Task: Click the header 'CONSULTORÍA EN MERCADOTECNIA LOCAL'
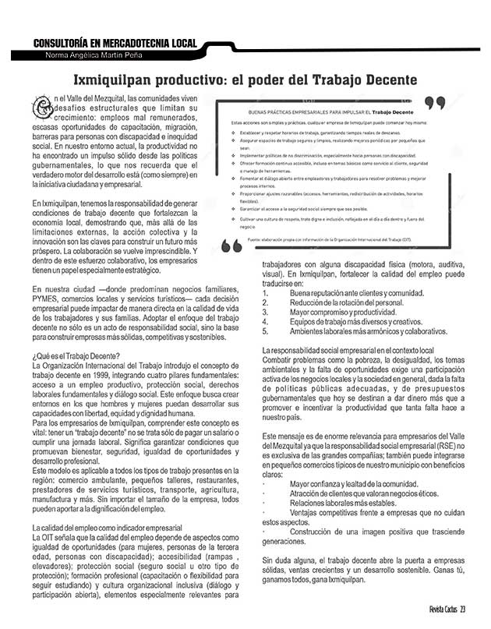coord(114,44)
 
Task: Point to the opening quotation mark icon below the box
coord(233,246)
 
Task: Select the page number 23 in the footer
coord(463,609)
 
